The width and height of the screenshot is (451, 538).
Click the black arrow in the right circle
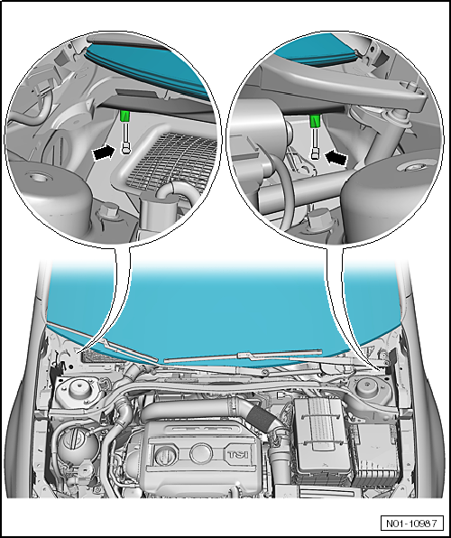(x=336, y=158)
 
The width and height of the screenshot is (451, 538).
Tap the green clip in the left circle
(x=125, y=116)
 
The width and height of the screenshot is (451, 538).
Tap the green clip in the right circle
(x=315, y=121)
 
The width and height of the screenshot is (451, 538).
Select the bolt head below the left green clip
(x=126, y=149)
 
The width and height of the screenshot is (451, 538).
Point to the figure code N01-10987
(x=411, y=524)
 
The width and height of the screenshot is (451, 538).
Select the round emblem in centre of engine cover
(x=201, y=453)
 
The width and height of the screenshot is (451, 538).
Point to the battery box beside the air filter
(x=376, y=455)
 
